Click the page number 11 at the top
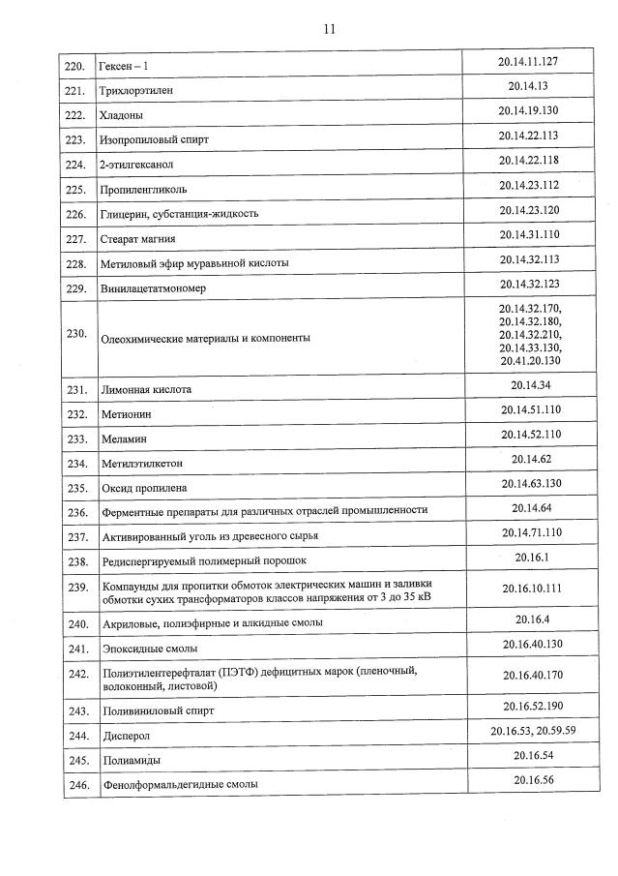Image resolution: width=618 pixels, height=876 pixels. pos(329,28)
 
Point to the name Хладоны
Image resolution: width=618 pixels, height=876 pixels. pos(122,115)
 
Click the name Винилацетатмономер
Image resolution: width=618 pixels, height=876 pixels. pos(153,288)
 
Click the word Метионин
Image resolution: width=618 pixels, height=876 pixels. pos(126,414)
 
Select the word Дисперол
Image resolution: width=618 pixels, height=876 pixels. pos(126,736)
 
